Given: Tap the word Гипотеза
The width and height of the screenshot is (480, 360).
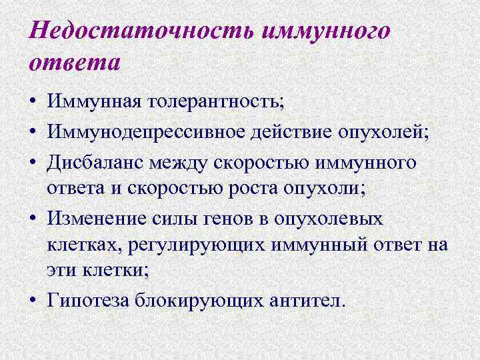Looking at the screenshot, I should click(x=85, y=299).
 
